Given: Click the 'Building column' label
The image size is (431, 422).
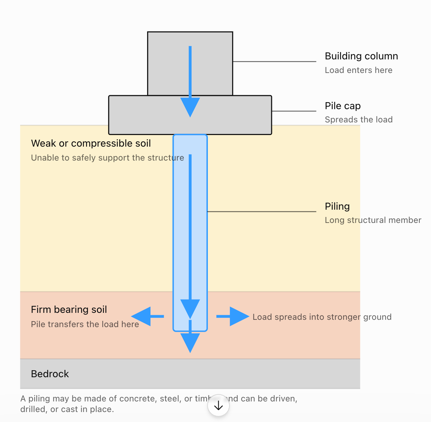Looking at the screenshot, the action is click(361, 56).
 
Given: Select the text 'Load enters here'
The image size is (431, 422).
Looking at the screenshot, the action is click(359, 70).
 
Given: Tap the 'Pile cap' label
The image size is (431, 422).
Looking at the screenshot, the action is click(343, 106).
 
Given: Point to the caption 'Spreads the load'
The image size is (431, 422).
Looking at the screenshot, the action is click(359, 119).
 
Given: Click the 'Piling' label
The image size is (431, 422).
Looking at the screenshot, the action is click(337, 207).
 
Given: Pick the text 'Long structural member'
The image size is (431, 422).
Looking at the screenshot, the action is click(373, 220).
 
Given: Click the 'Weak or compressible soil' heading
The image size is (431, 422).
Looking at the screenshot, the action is click(91, 144).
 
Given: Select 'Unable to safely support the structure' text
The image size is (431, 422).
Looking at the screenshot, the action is click(108, 158).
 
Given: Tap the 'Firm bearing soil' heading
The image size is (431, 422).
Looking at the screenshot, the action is click(69, 310).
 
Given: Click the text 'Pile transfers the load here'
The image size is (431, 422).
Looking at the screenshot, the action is click(85, 324).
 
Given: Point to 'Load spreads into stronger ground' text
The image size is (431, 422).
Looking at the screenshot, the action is click(322, 317).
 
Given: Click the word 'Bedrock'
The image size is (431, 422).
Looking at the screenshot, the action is click(50, 374).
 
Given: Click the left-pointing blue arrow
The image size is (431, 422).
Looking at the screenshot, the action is click(147, 316).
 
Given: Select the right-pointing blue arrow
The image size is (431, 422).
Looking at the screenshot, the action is click(233, 316).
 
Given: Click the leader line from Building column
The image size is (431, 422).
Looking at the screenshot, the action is click(274, 61).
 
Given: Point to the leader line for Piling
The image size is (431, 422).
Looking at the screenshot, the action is click(262, 211).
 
